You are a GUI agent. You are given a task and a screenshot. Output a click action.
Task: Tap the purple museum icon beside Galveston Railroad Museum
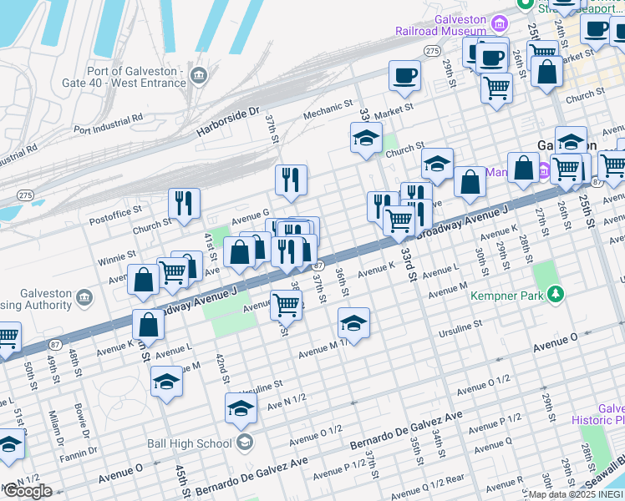coord(501,22)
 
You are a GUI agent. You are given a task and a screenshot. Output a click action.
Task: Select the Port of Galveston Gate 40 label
coord(123,77)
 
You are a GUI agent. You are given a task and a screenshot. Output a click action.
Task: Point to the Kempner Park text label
coord(500,296)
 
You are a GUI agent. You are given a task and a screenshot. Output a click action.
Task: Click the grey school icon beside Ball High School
coord(245,442)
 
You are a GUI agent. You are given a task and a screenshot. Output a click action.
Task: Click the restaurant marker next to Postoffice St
coord(184,203)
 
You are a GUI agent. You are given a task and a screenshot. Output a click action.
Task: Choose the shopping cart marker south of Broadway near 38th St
coord(286,306)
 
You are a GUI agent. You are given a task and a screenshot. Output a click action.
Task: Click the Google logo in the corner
coord(27,491)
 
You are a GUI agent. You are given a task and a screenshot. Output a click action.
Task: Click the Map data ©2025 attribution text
coord(576,494)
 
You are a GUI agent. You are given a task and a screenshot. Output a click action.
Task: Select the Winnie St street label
coord(117,254)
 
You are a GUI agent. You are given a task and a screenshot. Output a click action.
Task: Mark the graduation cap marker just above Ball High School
coord(241,409)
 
